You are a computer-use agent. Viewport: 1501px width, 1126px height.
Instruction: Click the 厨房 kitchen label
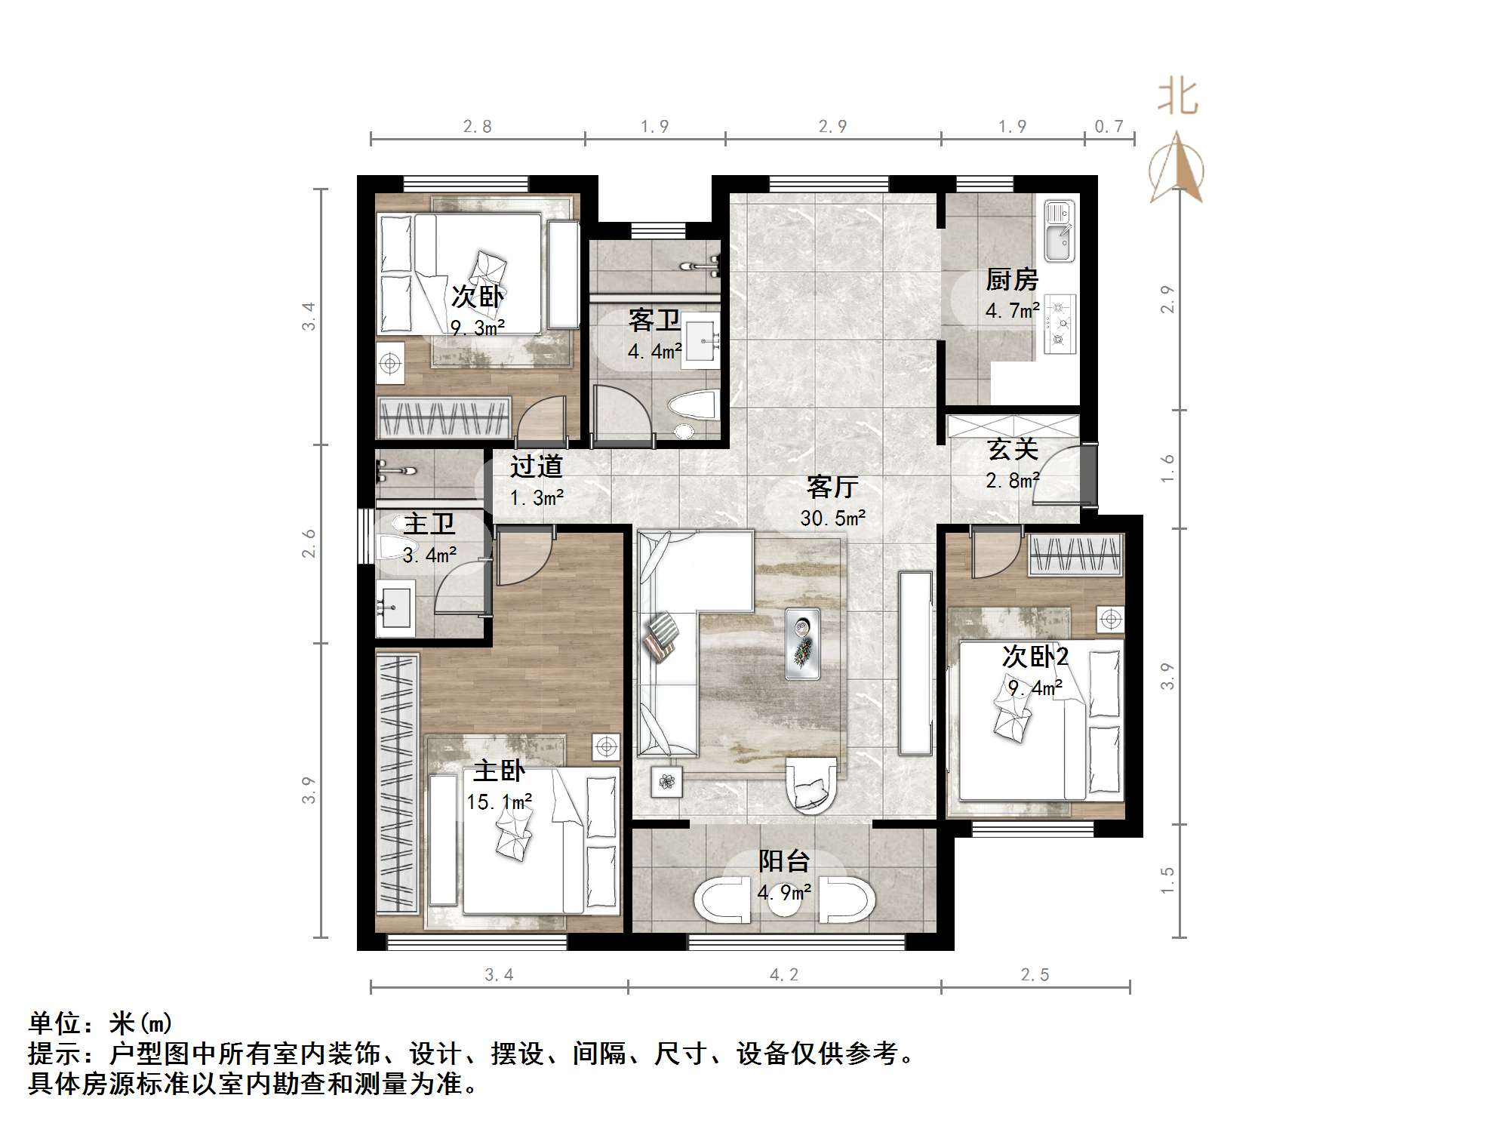tap(1011, 280)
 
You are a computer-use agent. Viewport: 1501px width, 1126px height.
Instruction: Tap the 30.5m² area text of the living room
tap(832, 518)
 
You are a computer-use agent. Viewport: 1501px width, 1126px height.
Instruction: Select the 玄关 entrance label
tap(1013, 450)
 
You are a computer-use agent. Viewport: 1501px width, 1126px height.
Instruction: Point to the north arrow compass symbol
tap(1177, 169)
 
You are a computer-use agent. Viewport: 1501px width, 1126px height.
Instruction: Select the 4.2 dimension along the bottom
tap(783, 975)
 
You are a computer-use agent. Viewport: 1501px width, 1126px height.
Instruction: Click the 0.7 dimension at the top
tap(1109, 127)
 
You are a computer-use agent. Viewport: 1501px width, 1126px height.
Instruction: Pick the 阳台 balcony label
tap(783, 861)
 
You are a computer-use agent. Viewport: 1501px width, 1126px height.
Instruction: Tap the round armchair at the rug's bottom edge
tap(810, 784)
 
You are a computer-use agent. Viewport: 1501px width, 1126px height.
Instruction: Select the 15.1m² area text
tap(499, 801)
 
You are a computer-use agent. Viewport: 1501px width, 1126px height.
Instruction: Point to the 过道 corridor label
tap(536, 467)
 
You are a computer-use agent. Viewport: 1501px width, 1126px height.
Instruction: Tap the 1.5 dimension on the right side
tap(1167, 880)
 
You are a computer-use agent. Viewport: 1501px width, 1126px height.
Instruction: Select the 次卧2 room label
tap(1035, 657)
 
